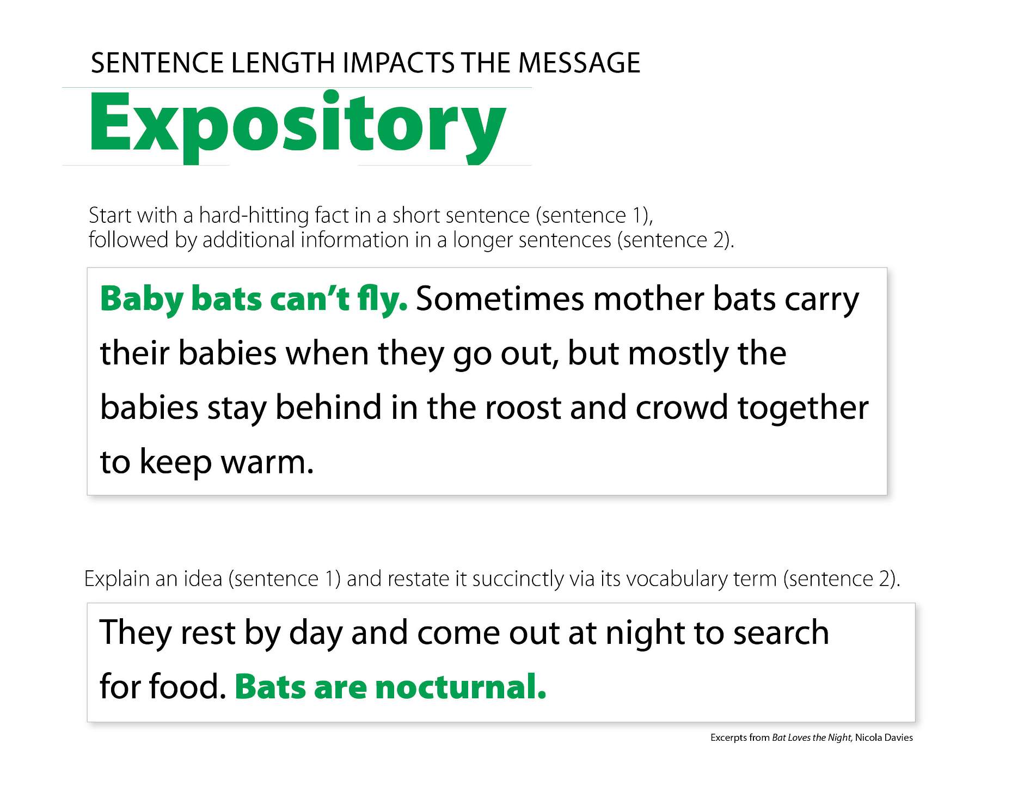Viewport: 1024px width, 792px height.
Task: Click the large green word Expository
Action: (x=297, y=127)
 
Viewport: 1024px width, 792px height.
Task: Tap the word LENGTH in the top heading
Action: (x=283, y=63)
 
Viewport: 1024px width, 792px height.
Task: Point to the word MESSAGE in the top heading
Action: (x=579, y=63)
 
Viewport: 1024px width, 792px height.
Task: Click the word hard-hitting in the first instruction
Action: (x=254, y=216)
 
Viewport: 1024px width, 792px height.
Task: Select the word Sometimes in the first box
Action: (x=500, y=299)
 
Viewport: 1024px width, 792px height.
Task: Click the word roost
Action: (x=523, y=408)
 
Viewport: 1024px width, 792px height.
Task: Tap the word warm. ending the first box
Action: (x=267, y=462)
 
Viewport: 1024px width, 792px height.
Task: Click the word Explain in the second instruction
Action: (x=116, y=579)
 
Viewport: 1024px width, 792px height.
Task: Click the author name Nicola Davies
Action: (x=884, y=738)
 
